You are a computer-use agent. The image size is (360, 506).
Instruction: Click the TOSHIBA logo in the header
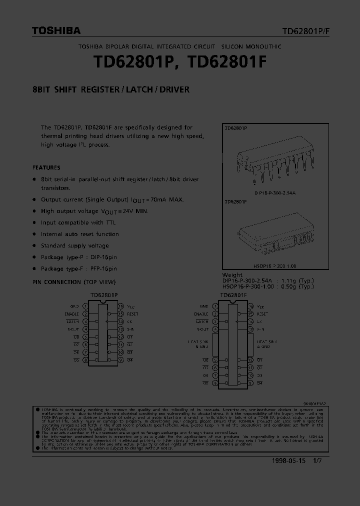click(x=56, y=31)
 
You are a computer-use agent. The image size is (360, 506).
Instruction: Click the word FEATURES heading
click(x=46, y=167)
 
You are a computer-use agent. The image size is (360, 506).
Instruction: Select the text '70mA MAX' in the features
click(x=166, y=199)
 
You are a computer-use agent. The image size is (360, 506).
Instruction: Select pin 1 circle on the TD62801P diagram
click(x=85, y=306)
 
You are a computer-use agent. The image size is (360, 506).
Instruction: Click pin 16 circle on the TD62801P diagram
click(x=121, y=306)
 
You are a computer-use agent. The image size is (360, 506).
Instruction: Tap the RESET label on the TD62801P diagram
click(x=132, y=314)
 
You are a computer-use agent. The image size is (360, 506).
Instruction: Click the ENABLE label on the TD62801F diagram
click(x=201, y=314)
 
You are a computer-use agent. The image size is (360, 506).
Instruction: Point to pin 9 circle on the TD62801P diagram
click(x=121, y=360)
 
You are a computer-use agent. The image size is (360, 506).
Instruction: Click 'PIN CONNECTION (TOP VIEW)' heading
click(x=74, y=282)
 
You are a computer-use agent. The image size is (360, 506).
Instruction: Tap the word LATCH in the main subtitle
click(x=138, y=90)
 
